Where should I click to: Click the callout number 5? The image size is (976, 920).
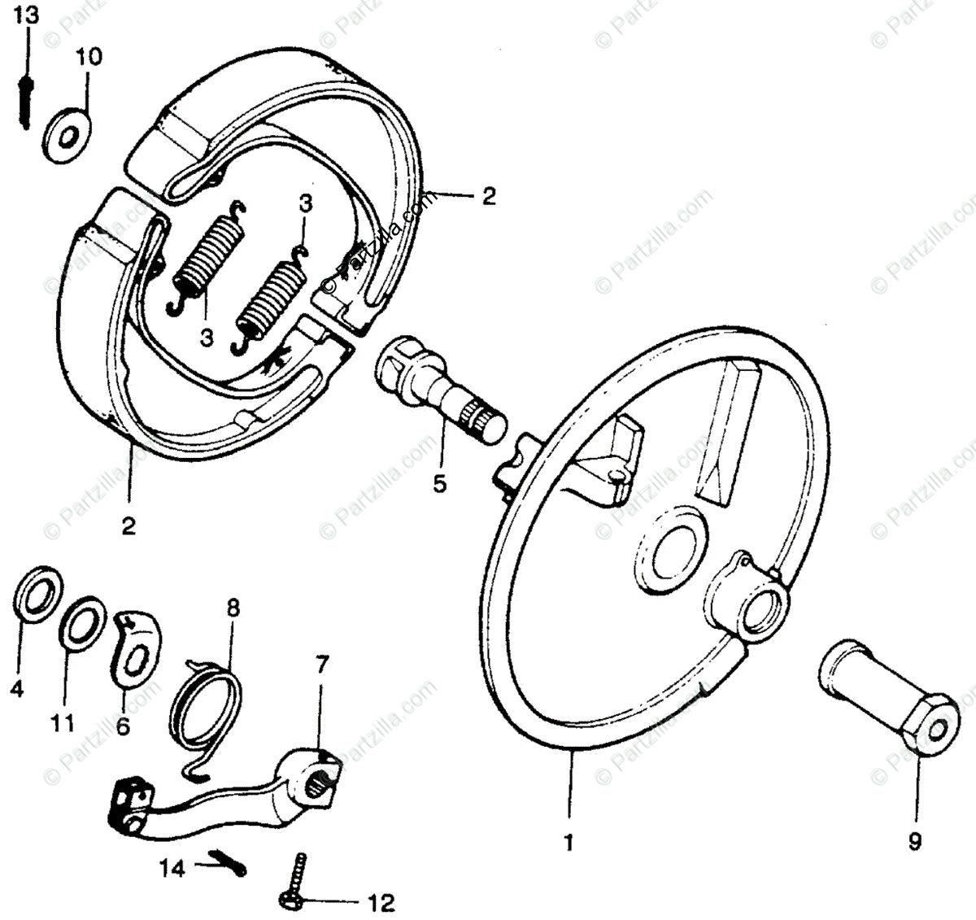click(439, 485)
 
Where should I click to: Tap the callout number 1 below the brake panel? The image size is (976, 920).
click(569, 844)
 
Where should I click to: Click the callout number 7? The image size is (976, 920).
click(322, 665)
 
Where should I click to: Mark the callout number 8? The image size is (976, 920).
click(233, 607)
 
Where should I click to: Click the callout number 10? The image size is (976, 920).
click(90, 57)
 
